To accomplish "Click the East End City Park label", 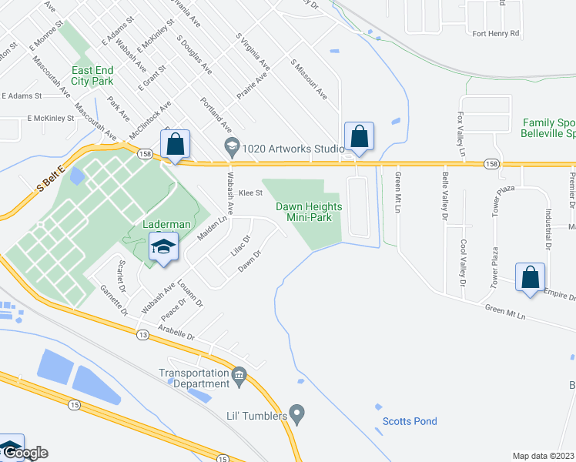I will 92,75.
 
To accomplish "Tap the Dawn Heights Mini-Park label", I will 309,212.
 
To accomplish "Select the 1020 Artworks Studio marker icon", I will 230,146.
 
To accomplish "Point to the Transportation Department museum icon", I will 239,377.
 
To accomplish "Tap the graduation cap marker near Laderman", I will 162,248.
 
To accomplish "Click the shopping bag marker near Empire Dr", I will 531,278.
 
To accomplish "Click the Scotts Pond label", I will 410,421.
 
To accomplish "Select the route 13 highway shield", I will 144,334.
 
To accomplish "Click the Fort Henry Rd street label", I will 496,34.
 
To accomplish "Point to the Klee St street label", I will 251,193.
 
